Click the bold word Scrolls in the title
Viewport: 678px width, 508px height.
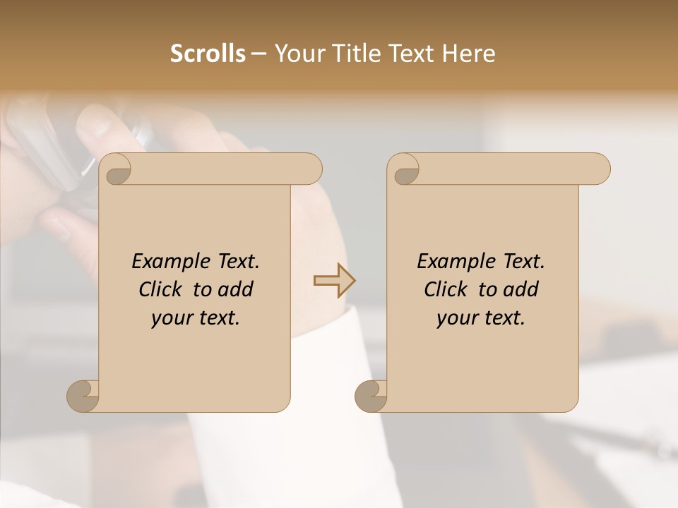(x=208, y=54)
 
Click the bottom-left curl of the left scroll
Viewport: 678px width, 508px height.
(x=82, y=396)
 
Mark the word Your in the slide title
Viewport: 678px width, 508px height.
(x=297, y=54)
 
